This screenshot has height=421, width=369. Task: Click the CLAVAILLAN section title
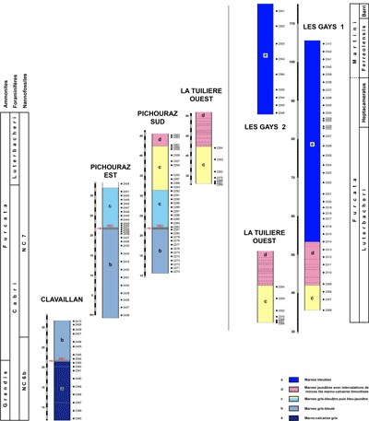tap(62, 300)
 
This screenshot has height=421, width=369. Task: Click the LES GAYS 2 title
tap(265, 126)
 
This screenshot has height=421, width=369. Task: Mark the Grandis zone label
tap(6, 377)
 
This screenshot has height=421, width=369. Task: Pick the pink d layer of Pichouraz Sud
tap(161, 141)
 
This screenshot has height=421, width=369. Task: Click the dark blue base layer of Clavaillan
tap(62, 388)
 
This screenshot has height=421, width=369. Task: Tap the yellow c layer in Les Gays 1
tap(313, 297)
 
